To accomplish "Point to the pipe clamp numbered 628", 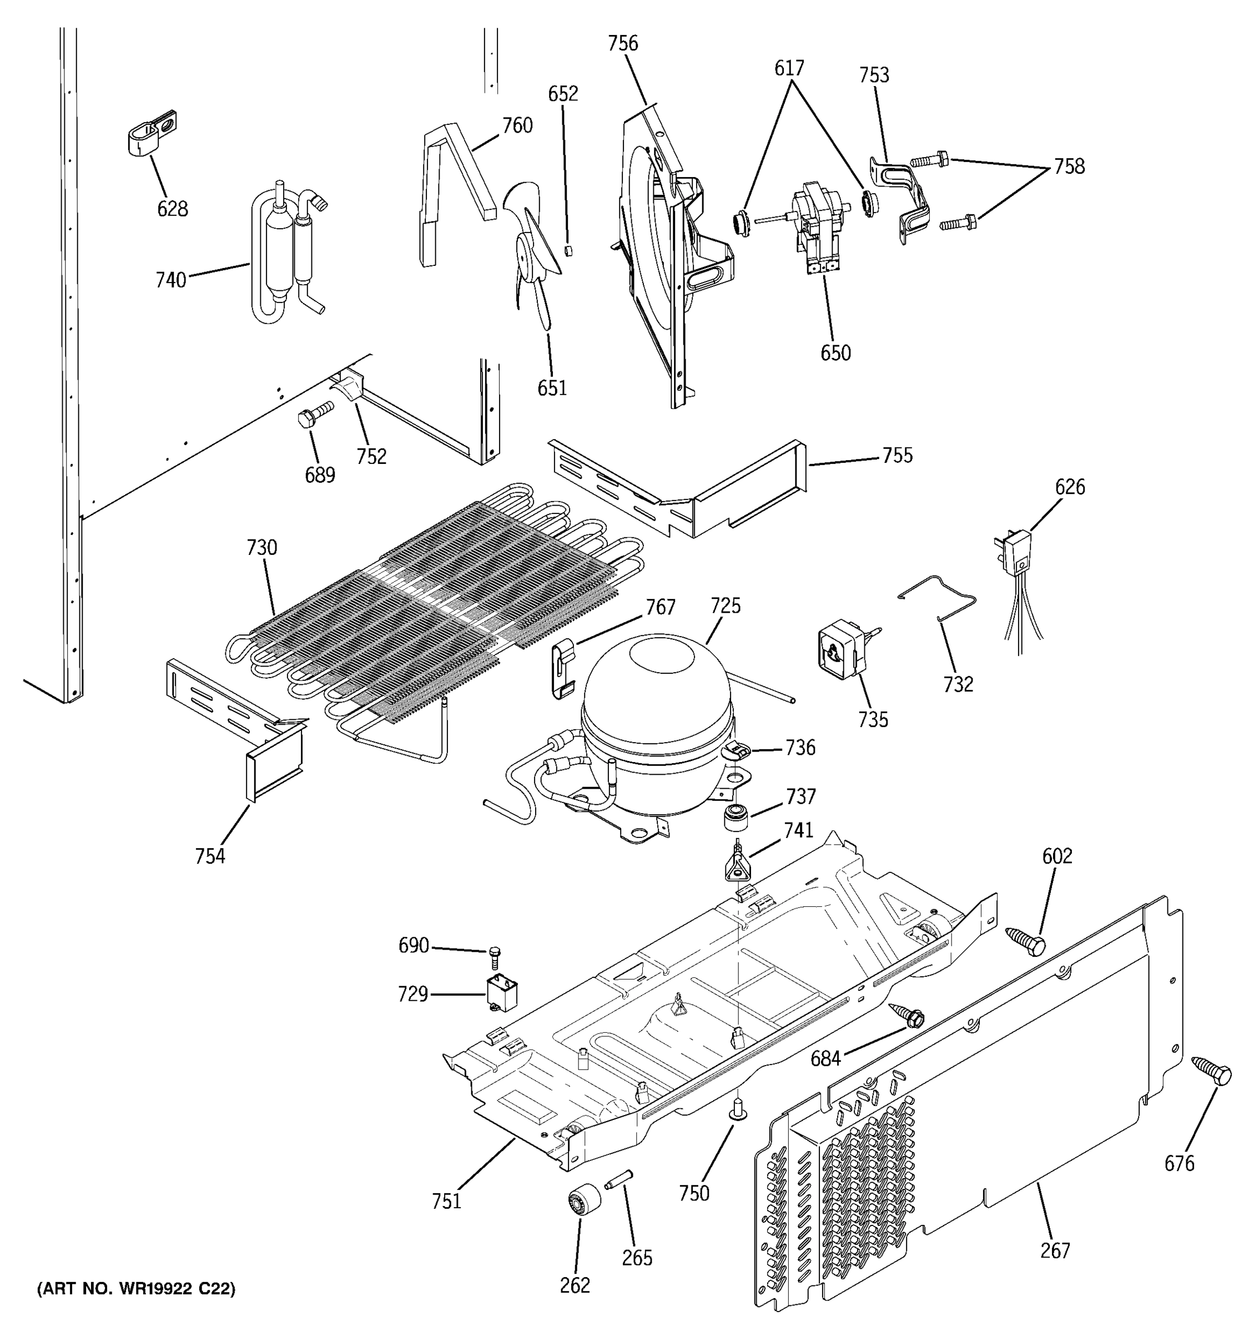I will pyautogui.click(x=152, y=133).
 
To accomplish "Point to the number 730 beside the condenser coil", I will pyautogui.click(x=261, y=548).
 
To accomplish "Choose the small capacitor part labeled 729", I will pyautogui.click(x=502, y=992).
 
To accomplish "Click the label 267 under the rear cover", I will pyautogui.click(x=1055, y=1250).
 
